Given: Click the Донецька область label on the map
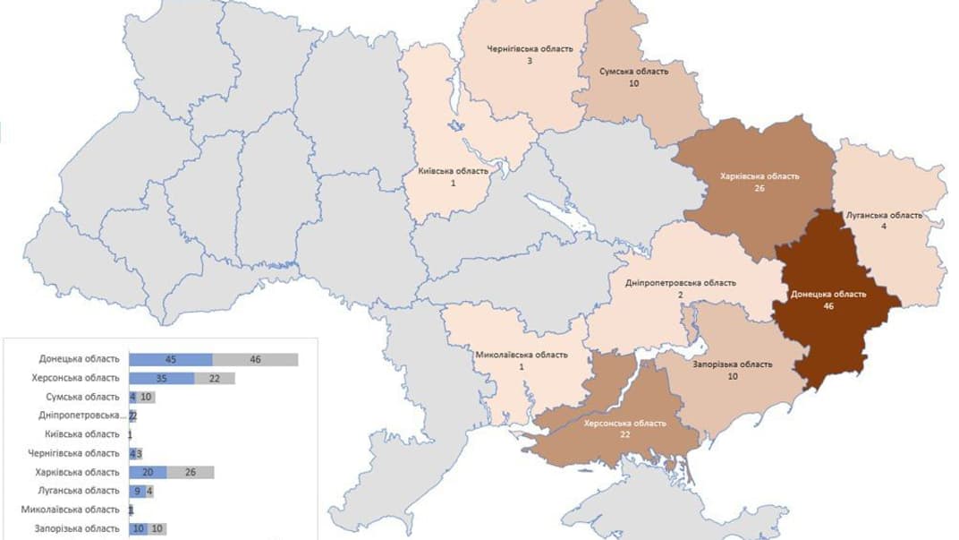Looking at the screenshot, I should point(827,294).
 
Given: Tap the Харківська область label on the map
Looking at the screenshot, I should point(760,176).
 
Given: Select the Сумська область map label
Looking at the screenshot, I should point(634,72).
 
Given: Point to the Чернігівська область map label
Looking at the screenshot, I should point(530,49).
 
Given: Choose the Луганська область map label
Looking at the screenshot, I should point(884,215).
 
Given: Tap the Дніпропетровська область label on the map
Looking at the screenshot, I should point(681,283).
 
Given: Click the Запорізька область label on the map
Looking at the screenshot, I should point(732,364).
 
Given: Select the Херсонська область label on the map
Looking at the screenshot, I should point(624,423).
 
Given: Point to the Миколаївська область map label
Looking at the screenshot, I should point(521,355).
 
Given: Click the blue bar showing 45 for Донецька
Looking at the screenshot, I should point(171,359).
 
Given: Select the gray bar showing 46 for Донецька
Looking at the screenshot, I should point(255,359).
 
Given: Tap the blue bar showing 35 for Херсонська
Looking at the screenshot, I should point(162,378).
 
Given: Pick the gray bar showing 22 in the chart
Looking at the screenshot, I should point(215,378).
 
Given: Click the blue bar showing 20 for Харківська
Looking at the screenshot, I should point(148,472).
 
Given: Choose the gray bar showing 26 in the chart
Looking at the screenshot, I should point(190,472).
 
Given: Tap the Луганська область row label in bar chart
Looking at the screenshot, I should point(81,491).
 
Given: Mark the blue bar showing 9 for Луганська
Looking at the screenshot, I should point(137,491).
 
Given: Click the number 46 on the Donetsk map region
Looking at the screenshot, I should point(827,305).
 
